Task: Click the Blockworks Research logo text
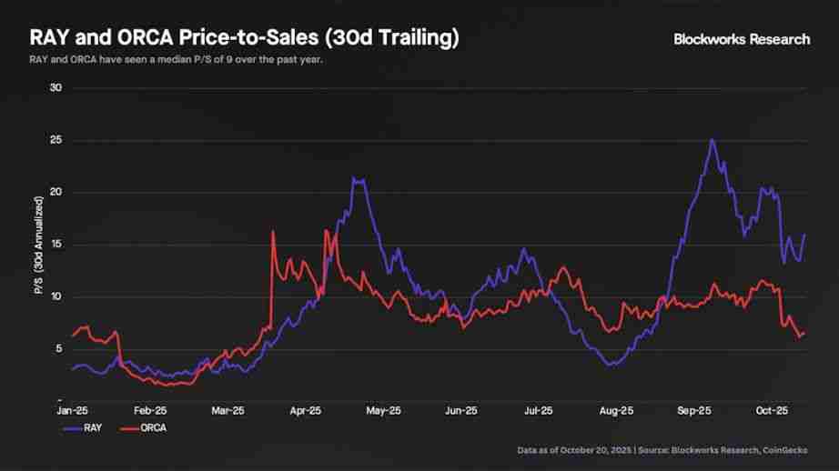coord(741,39)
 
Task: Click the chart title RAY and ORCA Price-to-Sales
coord(244,38)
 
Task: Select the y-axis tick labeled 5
coord(57,349)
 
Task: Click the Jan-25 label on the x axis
coord(73,410)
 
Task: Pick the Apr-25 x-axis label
coord(305,410)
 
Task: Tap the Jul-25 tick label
coord(538,410)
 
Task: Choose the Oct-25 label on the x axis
coord(771,410)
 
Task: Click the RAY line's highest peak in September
coord(712,140)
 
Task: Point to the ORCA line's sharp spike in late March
coord(273,232)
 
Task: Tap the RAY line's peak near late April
coord(358,180)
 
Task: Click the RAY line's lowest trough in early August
coord(612,365)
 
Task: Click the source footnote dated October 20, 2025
coord(663,450)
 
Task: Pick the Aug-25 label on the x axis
coord(615,410)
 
